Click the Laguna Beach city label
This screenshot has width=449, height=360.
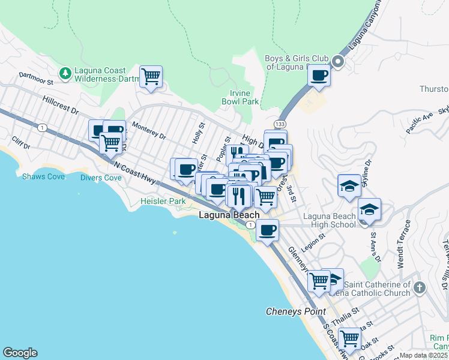pyautogui.click(x=229, y=215)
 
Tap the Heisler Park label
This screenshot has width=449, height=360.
pyautogui.click(x=163, y=202)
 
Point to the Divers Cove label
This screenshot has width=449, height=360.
pyautogui.click(x=100, y=178)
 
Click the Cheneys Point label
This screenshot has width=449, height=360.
pyautogui.click(x=296, y=311)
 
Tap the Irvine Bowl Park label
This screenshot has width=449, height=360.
pyautogui.click(x=244, y=97)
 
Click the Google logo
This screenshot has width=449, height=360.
pyautogui.click(x=20, y=353)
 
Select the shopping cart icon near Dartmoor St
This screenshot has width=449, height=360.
pyautogui.click(x=151, y=76)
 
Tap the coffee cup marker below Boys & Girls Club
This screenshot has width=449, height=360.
pyautogui.click(x=319, y=76)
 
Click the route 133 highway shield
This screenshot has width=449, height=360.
pyautogui.click(x=281, y=124)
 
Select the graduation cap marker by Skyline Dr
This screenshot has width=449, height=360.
pyautogui.click(x=349, y=187)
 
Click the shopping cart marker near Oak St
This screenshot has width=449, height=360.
pyautogui.click(x=349, y=338)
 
